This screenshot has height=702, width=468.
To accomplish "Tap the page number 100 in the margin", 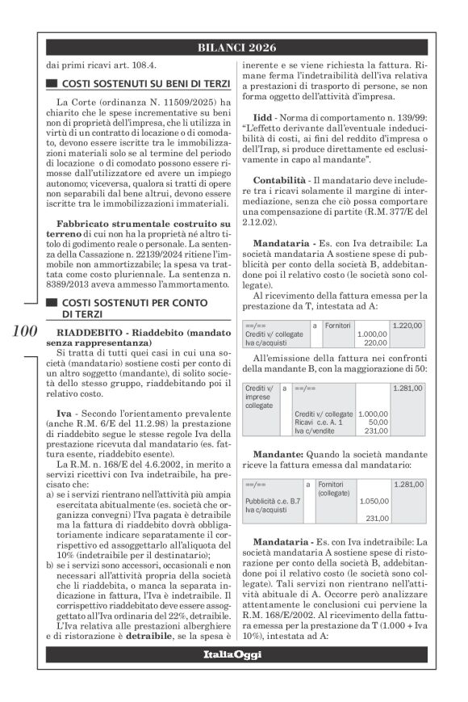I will click(24, 332).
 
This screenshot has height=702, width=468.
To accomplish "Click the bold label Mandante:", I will click(278, 455).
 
